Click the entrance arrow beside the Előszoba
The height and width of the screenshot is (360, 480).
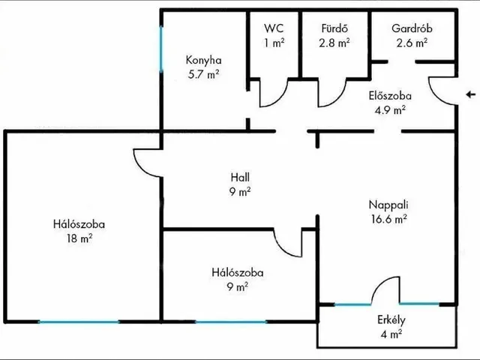pyautogui.click(x=471, y=94)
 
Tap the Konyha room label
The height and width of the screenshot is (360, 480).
pyautogui.click(x=203, y=60)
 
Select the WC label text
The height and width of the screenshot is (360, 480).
pyautogui.click(x=274, y=28)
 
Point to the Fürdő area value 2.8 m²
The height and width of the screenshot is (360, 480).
pyautogui.click(x=334, y=43)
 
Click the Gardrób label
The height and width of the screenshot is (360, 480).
pyautogui.click(x=412, y=28)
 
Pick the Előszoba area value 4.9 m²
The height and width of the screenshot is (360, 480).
pyautogui.click(x=390, y=109)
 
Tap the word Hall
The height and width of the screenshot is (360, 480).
pyautogui.click(x=240, y=177)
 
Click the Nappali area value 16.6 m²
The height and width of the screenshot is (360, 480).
pyautogui.click(x=388, y=219)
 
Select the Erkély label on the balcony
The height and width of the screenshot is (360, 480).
pyautogui.click(x=391, y=320)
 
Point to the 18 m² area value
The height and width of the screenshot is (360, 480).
pyautogui.click(x=79, y=238)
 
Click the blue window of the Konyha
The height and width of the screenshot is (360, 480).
pyautogui.click(x=161, y=49)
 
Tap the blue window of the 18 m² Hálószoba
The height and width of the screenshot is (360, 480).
pyautogui.click(x=79, y=322)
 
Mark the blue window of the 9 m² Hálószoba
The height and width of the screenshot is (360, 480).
pyautogui.click(x=231, y=322)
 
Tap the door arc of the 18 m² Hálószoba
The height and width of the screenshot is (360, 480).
pyautogui.click(x=147, y=163)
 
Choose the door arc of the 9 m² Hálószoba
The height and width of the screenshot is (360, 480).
pyautogui.click(x=288, y=243)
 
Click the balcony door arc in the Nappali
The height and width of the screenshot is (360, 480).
pyautogui.click(x=385, y=290)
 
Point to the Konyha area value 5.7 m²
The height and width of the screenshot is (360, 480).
pyautogui.click(x=203, y=74)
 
